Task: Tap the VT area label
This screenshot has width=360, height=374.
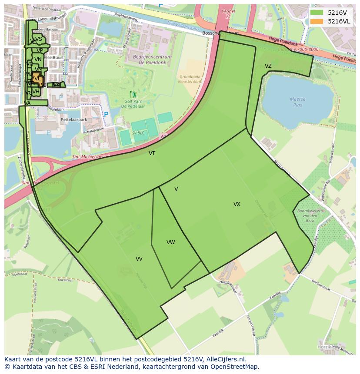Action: (x=152, y=153)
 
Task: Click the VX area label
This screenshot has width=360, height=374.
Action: (x=237, y=204)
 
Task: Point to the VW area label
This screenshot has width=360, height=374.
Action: (x=170, y=242)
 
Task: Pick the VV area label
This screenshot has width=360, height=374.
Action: (x=139, y=259)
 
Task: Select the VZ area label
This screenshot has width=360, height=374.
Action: (x=268, y=66)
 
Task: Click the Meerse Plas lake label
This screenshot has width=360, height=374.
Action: (x=297, y=102)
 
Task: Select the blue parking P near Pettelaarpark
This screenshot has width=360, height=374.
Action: (x=106, y=115)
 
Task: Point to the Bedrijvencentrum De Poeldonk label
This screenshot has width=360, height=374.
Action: (x=152, y=59)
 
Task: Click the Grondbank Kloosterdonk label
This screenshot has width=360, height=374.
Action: (x=190, y=79)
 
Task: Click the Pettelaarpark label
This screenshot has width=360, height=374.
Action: (x=74, y=119)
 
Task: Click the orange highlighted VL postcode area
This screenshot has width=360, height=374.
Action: (x=37, y=79)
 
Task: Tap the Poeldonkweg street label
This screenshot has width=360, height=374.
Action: (x=127, y=20)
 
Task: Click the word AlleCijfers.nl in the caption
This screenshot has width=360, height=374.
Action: (x=226, y=359)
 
